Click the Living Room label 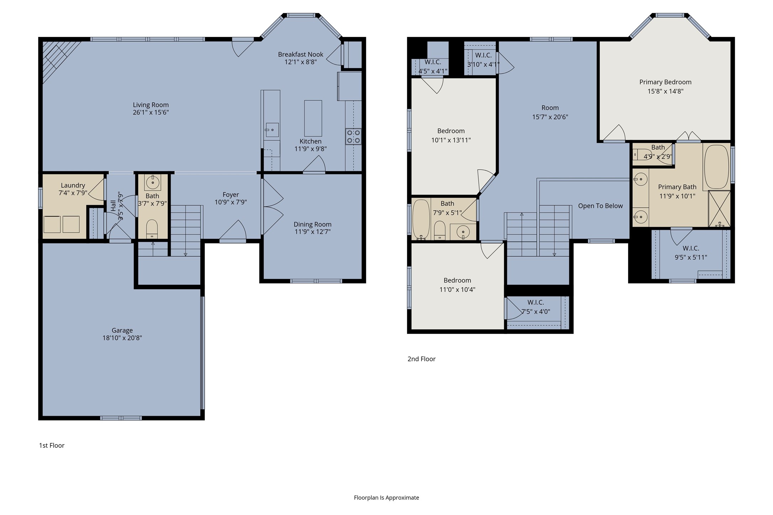point(151,105)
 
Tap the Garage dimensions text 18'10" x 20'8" point(122,338)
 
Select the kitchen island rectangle point(313,118)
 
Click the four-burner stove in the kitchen point(353,137)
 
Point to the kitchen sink point(272,130)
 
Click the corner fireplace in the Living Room point(59,59)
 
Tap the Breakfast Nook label point(301,54)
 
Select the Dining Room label point(312,224)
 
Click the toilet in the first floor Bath point(152,229)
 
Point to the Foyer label point(231,195)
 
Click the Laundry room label point(73,185)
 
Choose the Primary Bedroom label point(666,82)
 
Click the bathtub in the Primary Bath point(716,166)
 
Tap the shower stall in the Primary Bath point(719,209)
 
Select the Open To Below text point(600,206)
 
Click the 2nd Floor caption point(421,359)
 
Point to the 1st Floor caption point(52,445)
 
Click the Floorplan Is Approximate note point(386,498)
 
